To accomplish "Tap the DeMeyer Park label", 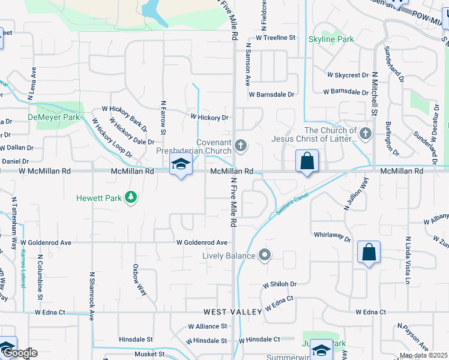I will (53, 117).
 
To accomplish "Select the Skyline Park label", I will (331, 40).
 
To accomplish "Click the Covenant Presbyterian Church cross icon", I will (240, 145).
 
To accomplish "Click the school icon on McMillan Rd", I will (180, 164).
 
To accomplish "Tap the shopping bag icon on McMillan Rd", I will (307, 161).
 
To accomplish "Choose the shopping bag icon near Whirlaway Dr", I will (369, 252).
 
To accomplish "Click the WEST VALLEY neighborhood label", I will (232, 312).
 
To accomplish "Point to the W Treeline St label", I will (276, 37).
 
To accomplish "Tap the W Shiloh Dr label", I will (279, 284).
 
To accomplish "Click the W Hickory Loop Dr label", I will (112, 139).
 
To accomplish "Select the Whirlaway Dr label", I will (331, 236).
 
